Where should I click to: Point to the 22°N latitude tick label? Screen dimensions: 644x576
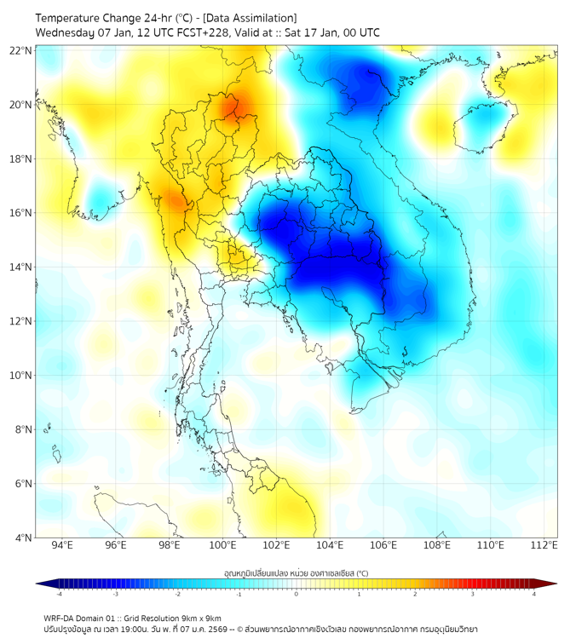pyautogui.click(x=21, y=51)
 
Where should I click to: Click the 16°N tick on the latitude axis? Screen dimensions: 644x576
pyautogui.click(x=21, y=213)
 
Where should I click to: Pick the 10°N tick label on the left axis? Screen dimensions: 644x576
pyautogui.click(x=21, y=376)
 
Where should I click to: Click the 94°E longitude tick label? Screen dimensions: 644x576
pyautogui.click(x=61, y=545)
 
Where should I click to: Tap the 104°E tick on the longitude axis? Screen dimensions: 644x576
pyautogui.click(x=330, y=545)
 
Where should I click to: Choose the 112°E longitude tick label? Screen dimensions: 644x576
pyautogui.click(x=544, y=545)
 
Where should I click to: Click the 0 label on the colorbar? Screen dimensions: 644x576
pyautogui.click(x=297, y=594)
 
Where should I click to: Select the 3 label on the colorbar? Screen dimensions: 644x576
pyautogui.click(x=474, y=594)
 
